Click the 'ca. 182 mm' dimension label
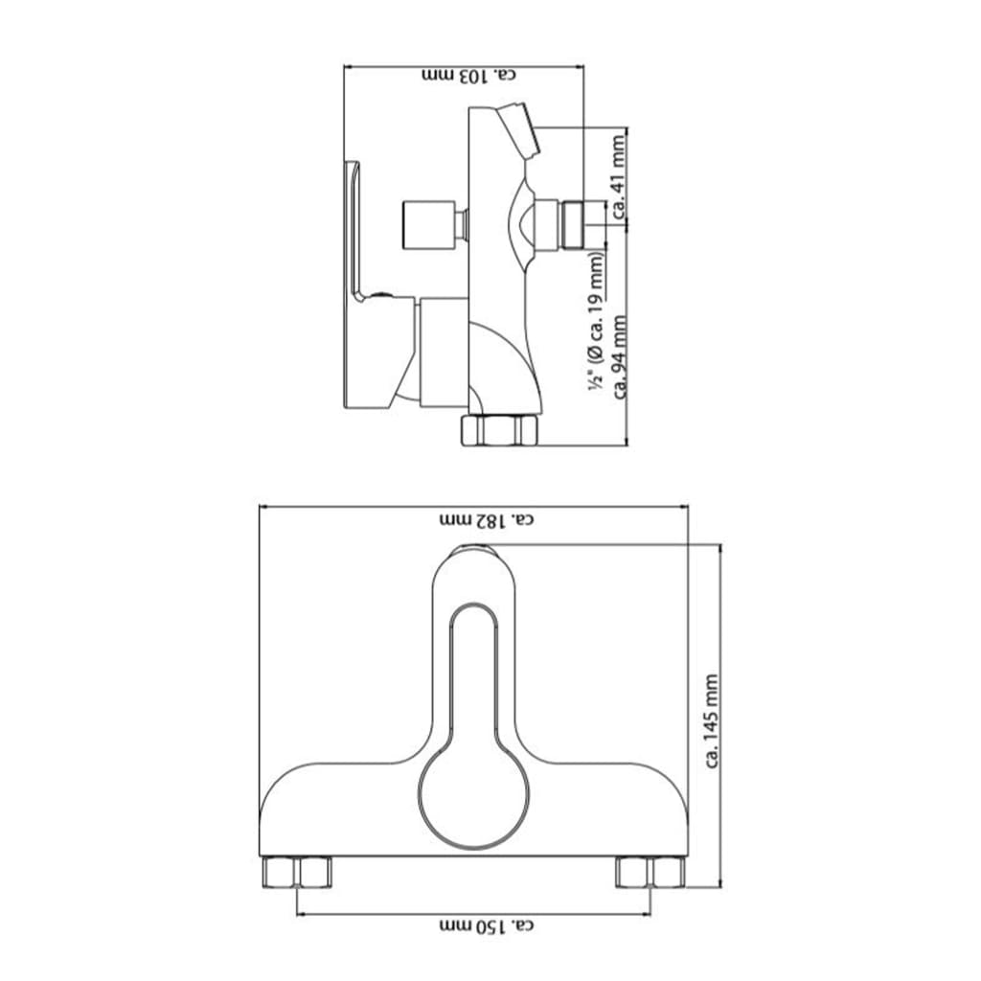[486, 519]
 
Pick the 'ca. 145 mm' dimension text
[711, 720]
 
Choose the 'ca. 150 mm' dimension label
[486, 926]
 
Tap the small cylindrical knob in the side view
[426, 223]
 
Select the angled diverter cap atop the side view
[520, 130]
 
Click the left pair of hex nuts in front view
[296, 872]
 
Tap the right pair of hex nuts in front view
[650, 872]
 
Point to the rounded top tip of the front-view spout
[474, 550]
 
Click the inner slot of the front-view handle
[474, 671]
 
